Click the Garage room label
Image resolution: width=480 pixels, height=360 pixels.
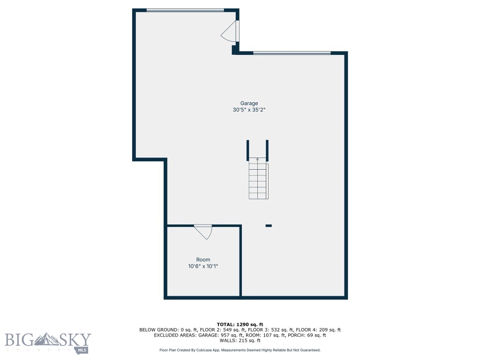(249, 104)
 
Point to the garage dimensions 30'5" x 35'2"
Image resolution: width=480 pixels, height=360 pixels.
(249, 110)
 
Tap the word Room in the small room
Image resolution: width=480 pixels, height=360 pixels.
(203, 260)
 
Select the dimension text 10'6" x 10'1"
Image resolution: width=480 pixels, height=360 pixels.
(203, 266)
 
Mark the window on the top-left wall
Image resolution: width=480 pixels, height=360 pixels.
(185, 10)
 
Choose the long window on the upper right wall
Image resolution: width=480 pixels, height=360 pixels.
(292, 53)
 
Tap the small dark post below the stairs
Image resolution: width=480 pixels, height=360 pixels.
(269, 225)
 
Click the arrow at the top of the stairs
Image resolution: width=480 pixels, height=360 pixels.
(257, 159)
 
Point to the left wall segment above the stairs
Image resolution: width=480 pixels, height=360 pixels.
(248, 150)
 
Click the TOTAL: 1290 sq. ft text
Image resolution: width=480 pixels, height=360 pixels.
(240, 324)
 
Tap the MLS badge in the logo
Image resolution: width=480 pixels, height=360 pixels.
(82, 350)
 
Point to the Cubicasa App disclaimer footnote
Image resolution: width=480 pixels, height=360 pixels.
(240, 350)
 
